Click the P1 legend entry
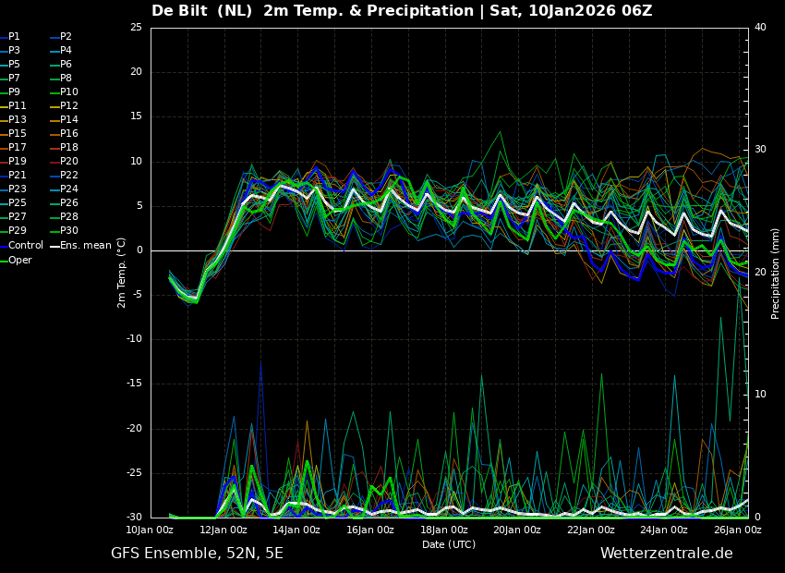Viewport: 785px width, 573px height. click(14, 37)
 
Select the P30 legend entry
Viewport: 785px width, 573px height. click(68, 231)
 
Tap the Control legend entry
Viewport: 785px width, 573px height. click(26, 246)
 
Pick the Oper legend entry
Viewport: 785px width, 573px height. click(20, 261)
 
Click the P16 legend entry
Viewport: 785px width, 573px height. click(68, 134)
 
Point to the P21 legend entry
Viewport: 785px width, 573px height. click(17, 176)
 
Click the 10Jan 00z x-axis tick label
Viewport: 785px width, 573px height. click(150, 530)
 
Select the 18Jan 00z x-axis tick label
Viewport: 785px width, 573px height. click(444, 530)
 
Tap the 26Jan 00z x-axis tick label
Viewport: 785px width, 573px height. click(738, 530)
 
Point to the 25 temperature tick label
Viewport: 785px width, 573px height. click(136, 28)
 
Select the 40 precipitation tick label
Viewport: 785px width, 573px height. click(760, 28)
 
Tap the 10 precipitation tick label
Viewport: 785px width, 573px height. click(760, 395)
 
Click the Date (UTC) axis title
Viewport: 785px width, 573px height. click(449, 545)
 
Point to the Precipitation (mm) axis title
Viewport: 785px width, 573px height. click(776, 274)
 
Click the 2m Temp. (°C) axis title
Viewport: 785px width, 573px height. click(122, 272)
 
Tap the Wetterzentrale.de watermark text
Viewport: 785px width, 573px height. click(666, 554)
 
